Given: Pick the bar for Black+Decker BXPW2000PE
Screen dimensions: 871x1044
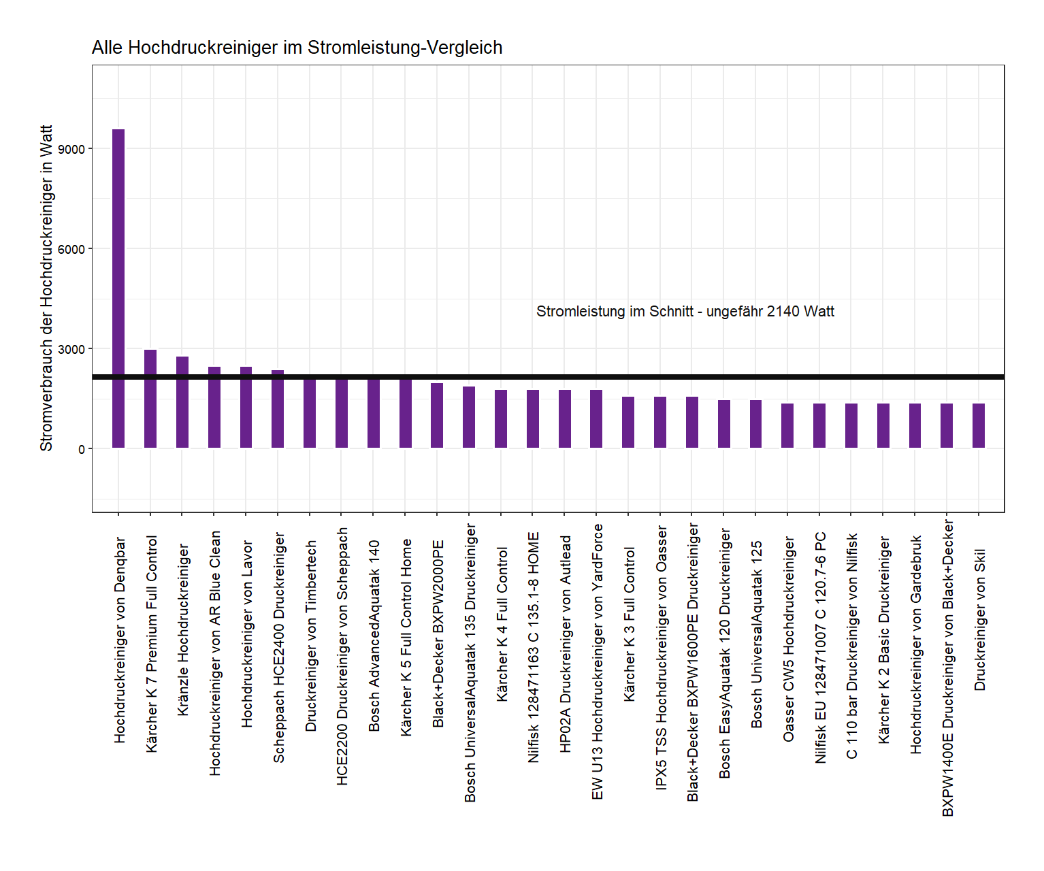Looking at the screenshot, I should click(437, 415).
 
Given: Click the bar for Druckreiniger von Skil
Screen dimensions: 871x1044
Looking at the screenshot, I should click(979, 425).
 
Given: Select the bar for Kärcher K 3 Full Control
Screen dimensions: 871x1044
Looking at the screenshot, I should click(628, 422).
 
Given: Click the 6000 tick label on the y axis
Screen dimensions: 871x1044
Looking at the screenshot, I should click(71, 249).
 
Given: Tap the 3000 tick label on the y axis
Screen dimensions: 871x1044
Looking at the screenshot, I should click(71, 349).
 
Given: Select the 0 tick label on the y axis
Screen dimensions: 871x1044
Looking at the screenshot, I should click(81, 449).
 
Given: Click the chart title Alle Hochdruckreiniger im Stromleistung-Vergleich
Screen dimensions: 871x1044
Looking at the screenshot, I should click(297, 48).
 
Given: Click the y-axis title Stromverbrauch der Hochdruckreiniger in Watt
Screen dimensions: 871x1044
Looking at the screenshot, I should click(46, 288).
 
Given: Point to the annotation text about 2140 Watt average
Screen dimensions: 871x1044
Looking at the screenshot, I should click(685, 312).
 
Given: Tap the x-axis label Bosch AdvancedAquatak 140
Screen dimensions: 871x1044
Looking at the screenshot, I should click(374, 636).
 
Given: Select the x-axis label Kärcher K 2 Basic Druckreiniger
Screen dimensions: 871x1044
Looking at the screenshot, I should click(883, 640).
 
